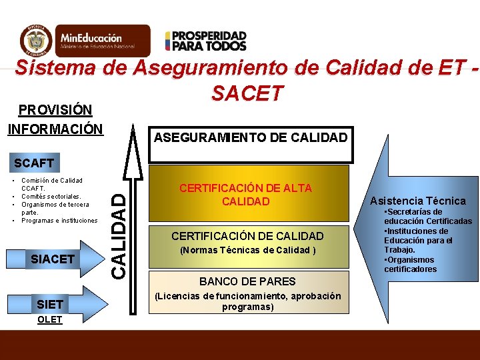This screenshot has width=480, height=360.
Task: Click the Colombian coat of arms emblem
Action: click(x=35, y=40)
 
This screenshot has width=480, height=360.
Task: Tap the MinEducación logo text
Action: click(x=97, y=41)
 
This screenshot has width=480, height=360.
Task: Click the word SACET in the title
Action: click(x=247, y=94)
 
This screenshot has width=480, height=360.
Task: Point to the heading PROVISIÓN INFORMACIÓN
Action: click(x=55, y=118)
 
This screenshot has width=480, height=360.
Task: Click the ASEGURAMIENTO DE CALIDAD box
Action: click(x=250, y=138)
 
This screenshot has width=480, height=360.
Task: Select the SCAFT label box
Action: click(x=35, y=162)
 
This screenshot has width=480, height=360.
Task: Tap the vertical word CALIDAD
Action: click(x=117, y=234)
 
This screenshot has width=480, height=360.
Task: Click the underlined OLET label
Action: click(x=50, y=319)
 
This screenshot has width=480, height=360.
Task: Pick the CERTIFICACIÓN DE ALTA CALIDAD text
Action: click(x=245, y=195)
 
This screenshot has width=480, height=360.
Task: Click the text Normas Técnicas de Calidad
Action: click(x=245, y=251)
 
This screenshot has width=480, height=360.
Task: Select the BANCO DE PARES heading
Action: click(x=247, y=281)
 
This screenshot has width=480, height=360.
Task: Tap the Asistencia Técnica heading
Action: click(x=427, y=201)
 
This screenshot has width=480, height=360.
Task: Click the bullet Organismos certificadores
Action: click(x=410, y=264)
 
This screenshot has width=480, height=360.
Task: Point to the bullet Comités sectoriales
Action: click(x=51, y=197)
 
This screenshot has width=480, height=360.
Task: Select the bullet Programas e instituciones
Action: click(x=59, y=221)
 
